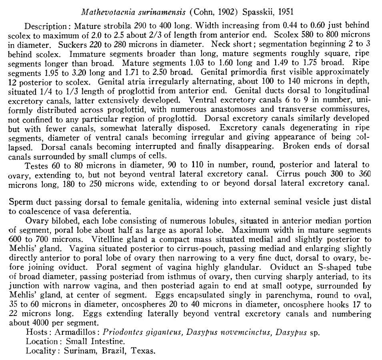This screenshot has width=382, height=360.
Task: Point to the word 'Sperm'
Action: point(20,202)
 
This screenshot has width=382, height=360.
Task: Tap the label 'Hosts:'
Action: point(36,332)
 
